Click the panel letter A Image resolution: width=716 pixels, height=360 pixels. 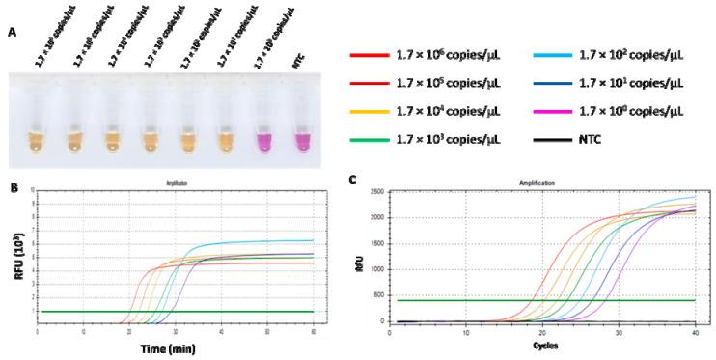12,31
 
